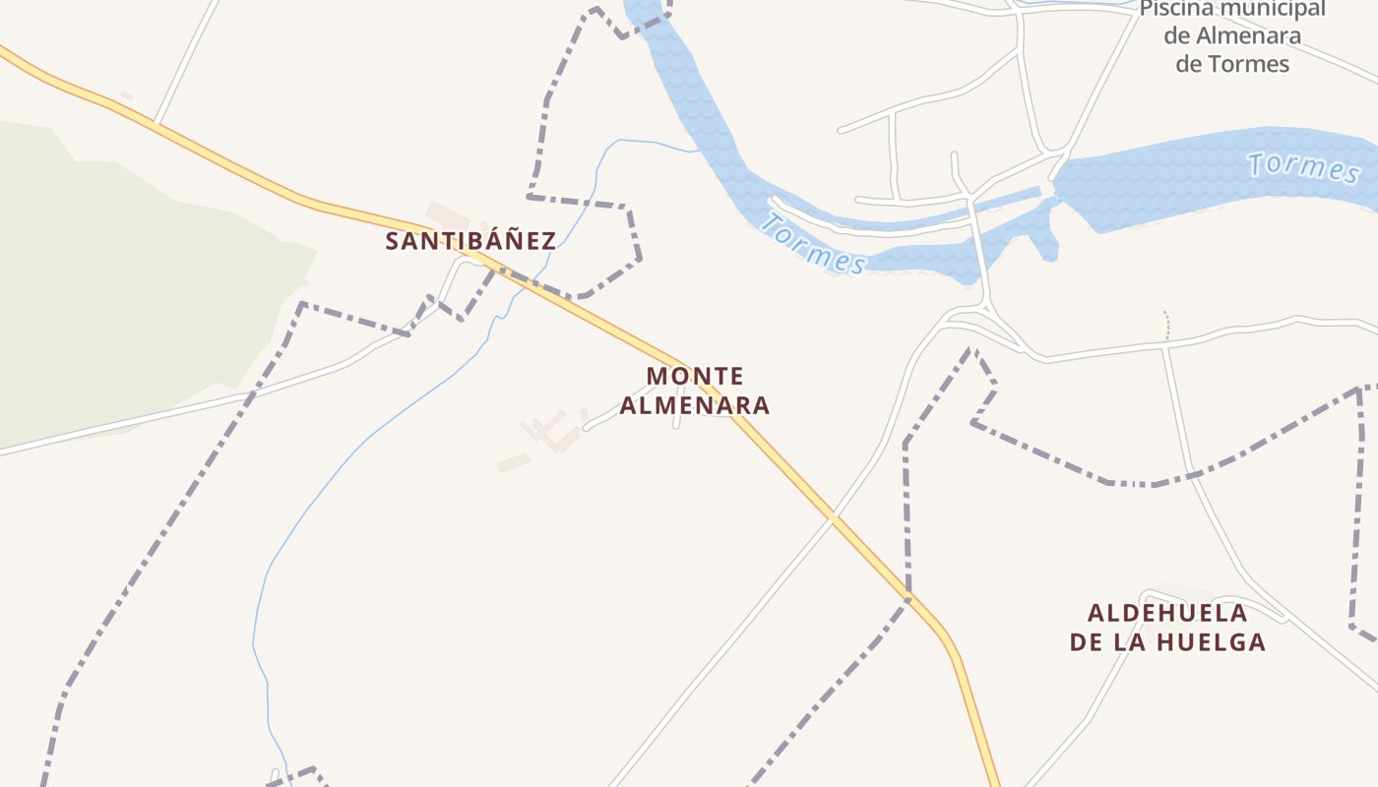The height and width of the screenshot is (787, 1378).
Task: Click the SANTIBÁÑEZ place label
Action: pyautogui.click(x=470, y=241)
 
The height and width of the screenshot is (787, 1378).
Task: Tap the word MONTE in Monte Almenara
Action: pyautogui.click(x=695, y=376)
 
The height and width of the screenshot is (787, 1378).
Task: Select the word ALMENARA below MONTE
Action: pyautogui.click(x=695, y=405)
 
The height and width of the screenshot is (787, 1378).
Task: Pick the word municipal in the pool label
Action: pyautogui.click(x=1276, y=10)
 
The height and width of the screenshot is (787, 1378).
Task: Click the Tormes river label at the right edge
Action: pyautogui.click(x=1303, y=166)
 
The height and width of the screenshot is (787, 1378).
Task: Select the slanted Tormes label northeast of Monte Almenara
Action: pyautogui.click(x=813, y=244)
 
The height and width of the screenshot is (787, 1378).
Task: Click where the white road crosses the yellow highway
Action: pyautogui.click(x=833, y=515)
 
